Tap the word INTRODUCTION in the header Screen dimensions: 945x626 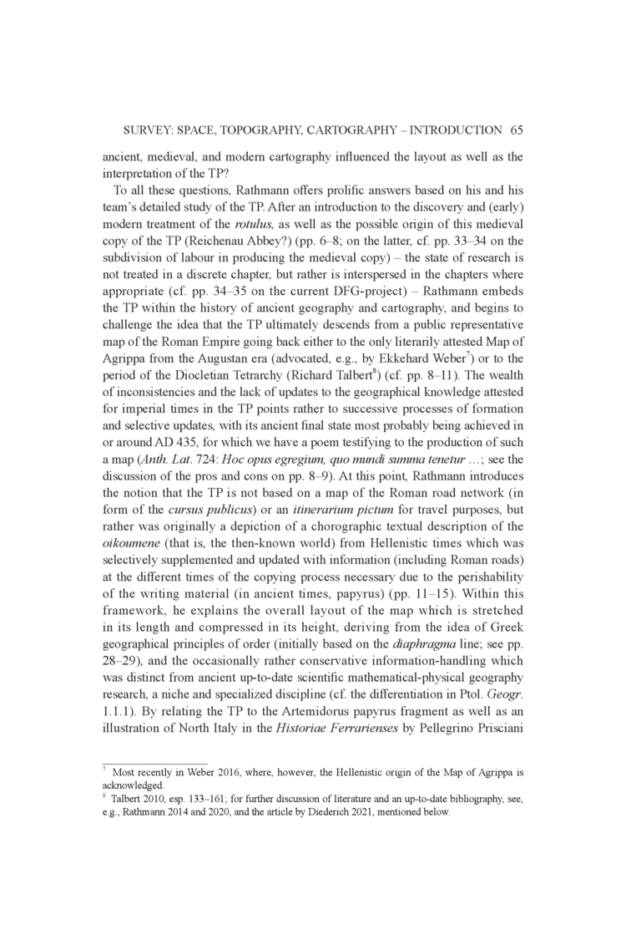point(447,130)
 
